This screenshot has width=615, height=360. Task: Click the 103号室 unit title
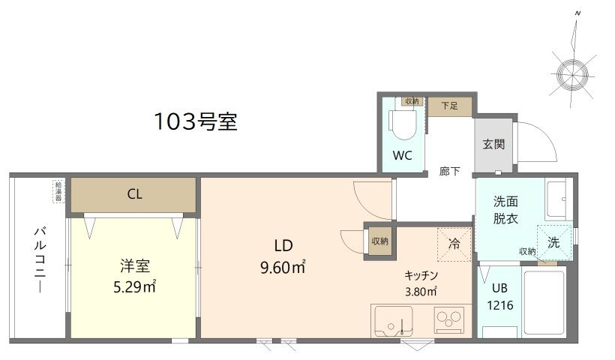pos(196,121)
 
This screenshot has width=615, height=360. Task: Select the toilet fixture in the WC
pos(403,124)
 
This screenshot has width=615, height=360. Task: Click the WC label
pos(403,156)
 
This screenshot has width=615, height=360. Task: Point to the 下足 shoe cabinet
pos(449,106)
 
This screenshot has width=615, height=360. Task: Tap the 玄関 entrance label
pos(493,144)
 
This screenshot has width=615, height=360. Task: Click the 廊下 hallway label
pos(449,171)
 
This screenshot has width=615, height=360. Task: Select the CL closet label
pos(134,194)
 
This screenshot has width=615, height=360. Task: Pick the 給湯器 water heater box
pos(58,191)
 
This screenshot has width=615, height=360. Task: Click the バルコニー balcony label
pos(40,259)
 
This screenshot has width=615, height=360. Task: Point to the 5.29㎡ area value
pos(134,287)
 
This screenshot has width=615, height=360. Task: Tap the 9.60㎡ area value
pos(283,268)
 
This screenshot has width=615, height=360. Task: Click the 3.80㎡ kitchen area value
pos(421,291)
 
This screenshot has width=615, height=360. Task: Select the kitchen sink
pos(394,322)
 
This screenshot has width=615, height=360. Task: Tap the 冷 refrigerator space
pos(454,244)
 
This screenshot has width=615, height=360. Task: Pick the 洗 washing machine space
pos(553,242)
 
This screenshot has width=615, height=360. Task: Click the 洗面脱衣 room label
pos(505,210)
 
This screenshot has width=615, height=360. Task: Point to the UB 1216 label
pos(499,297)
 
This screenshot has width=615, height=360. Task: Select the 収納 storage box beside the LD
pos(379,241)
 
